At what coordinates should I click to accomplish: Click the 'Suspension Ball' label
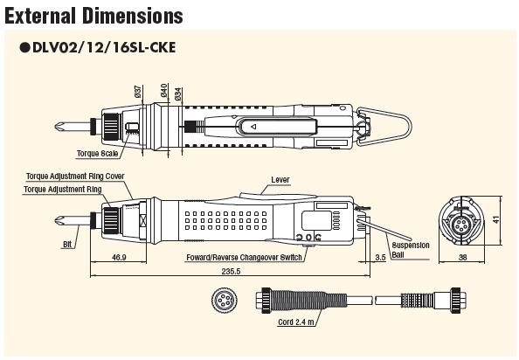point(410,250)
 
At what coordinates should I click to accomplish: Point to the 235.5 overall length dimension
point(231,272)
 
